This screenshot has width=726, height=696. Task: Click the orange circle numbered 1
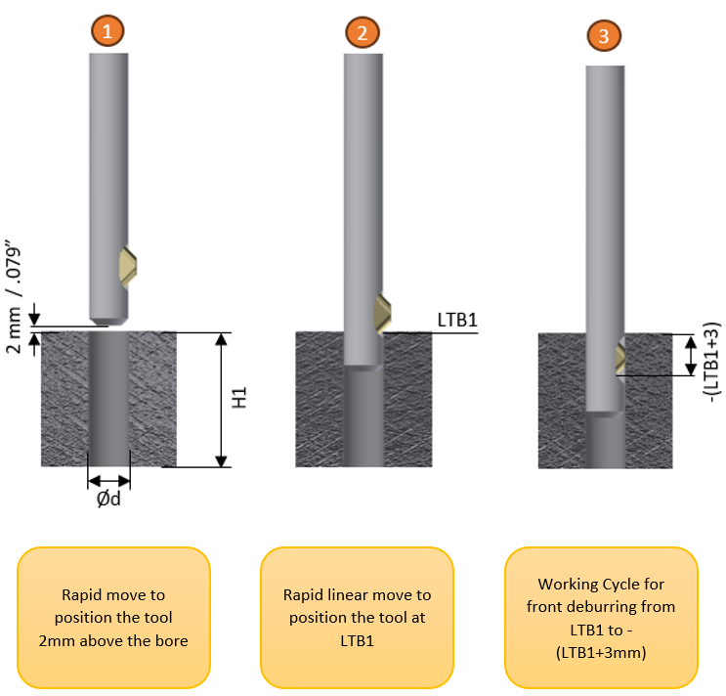coord(107,30)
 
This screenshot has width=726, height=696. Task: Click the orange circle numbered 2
coord(363,32)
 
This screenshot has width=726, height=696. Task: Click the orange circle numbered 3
coord(604,35)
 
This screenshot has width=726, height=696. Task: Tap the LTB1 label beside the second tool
coord(457,320)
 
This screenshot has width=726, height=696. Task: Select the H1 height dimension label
coord(239,397)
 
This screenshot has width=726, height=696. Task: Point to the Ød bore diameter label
coord(108,499)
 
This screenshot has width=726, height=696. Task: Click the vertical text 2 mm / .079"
coord(14,296)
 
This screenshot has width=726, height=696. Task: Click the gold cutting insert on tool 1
coord(127,268)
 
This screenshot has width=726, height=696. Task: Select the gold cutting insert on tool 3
coord(619,358)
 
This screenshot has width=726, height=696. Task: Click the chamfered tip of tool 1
coord(108,321)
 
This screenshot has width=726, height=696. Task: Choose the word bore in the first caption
coord(171,641)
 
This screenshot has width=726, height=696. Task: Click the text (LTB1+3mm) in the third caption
coord(601,652)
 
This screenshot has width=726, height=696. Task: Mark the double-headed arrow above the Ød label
coord(108,481)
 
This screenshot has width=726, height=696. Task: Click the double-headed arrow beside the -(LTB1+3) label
coord(691,356)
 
